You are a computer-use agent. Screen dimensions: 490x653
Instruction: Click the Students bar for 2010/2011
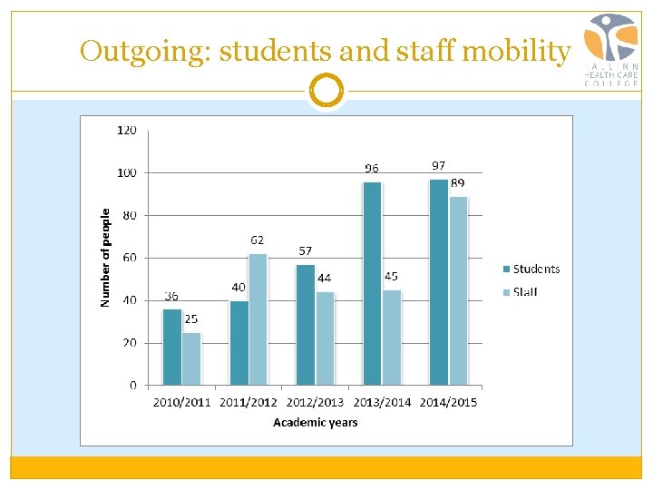coord(171,347)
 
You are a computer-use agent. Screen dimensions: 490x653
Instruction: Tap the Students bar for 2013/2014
coord(372,283)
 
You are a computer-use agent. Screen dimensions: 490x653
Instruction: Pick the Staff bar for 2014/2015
coord(458,290)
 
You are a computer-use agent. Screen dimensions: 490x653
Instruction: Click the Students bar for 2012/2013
coord(306,324)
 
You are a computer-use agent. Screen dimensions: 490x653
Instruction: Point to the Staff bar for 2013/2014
coord(392,338)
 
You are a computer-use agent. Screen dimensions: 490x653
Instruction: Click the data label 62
coord(258,240)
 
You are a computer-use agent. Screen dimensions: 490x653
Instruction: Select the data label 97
coord(438,166)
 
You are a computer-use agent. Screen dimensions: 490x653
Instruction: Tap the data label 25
coord(191,319)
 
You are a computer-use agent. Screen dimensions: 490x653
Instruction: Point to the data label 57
coord(306,250)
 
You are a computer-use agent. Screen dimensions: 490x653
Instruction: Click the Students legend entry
coord(531,269)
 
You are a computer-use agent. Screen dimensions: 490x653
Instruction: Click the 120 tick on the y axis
coord(127,130)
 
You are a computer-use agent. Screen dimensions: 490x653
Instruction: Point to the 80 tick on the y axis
coord(130,215)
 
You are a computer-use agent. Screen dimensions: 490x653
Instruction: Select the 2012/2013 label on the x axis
coord(316,402)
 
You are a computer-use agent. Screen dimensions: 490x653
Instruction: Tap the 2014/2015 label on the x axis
coord(448,402)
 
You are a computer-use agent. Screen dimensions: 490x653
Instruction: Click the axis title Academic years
coord(316,423)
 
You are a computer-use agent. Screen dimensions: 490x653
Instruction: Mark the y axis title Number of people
coord(106,258)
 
